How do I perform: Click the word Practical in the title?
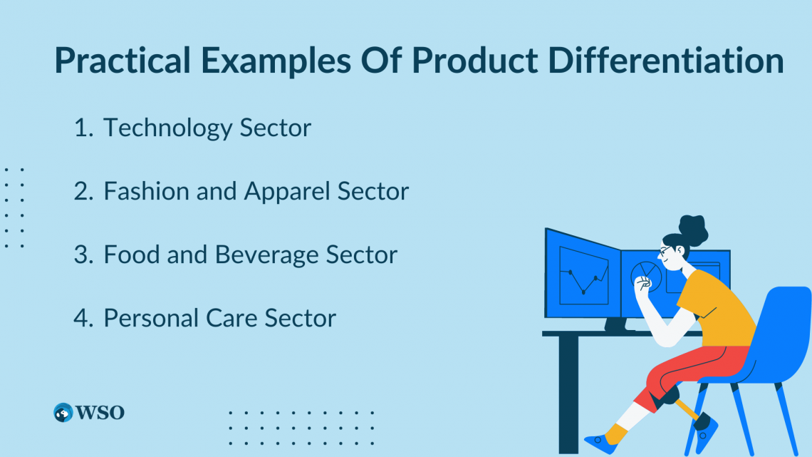click(x=120, y=62)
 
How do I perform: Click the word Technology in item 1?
click(x=167, y=128)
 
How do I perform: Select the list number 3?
click(x=83, y=255)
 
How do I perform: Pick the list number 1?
click(x=83, y=128)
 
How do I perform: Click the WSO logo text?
click(x=100, y=412)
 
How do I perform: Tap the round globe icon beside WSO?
click(x=63, y=412)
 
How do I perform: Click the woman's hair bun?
click(x=693, y=227)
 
